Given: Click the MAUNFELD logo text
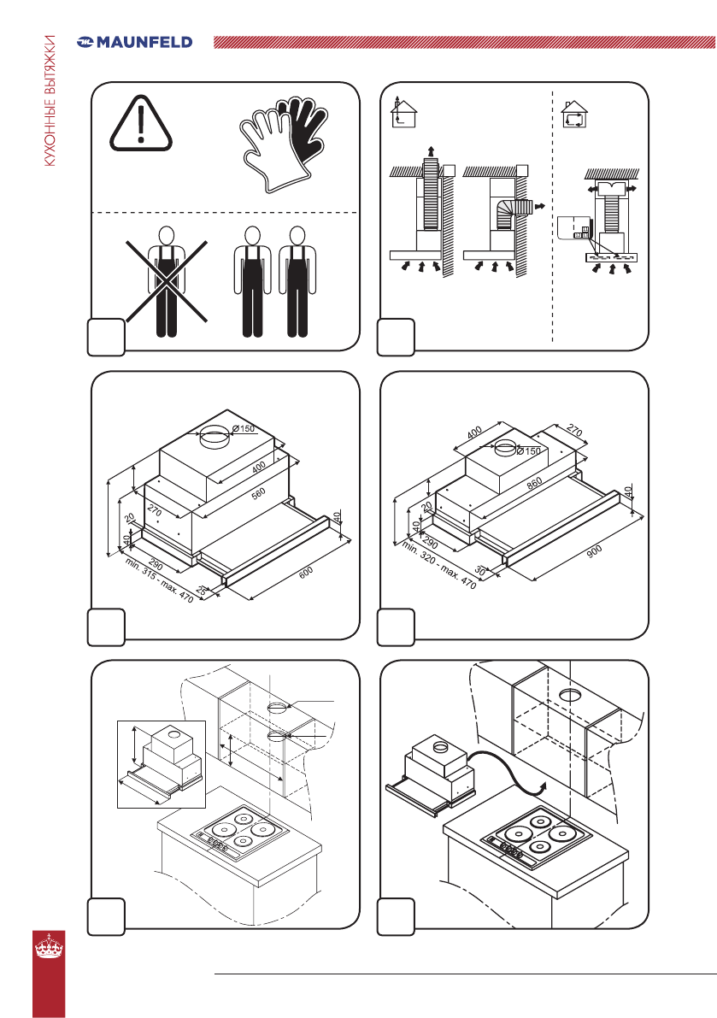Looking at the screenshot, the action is coord(144,43).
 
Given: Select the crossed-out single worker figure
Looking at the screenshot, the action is coord(167,282).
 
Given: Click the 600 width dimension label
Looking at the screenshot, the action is coord(306,572).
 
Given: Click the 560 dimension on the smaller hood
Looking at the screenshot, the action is coord(258,494).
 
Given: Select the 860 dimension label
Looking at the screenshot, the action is coord(534,484).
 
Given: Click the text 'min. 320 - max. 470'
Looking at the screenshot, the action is coord(438,564).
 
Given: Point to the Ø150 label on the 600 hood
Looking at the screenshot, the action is coord(244,428).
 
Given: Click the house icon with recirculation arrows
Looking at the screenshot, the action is coord(573,115).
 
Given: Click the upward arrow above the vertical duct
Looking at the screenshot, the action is coord(430,153).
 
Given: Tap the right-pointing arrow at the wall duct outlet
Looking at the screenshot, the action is coord(537,207).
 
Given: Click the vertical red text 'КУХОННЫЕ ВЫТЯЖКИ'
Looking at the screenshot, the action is coord(50,101).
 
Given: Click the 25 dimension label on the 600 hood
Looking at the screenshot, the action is coord(201,591).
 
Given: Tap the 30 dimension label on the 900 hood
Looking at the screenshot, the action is coord(480,571).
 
